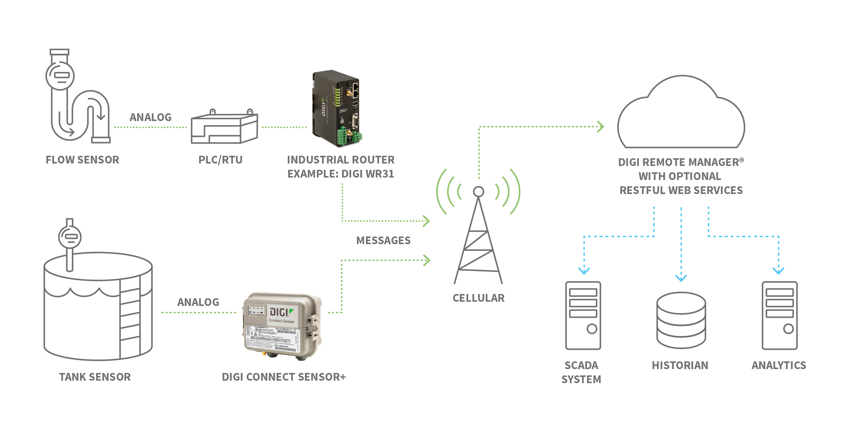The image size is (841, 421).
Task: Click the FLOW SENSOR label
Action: coord(82,160)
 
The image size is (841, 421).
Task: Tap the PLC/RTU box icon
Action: coord(224,128)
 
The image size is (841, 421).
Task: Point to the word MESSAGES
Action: coord(383,241)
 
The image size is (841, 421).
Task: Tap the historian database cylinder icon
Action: coord(681,320)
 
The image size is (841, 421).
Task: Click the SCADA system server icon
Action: coord(583,315)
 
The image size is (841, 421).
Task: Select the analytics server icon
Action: coord(780,315)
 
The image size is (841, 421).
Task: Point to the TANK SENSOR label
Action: coord(95,377)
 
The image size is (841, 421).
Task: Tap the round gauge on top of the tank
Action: coord(70,237)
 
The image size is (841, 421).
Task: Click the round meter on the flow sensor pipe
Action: coord(60,75)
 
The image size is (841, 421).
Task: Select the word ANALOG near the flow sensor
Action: coord(151,117)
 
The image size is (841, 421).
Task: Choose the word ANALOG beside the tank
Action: coord(198,302)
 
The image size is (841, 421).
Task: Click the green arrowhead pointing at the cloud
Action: coord(601,127)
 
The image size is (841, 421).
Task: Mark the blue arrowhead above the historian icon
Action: coord(681,278)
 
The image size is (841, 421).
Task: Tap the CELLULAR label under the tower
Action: coord(478,298)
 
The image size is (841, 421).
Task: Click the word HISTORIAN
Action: coord(680,366)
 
